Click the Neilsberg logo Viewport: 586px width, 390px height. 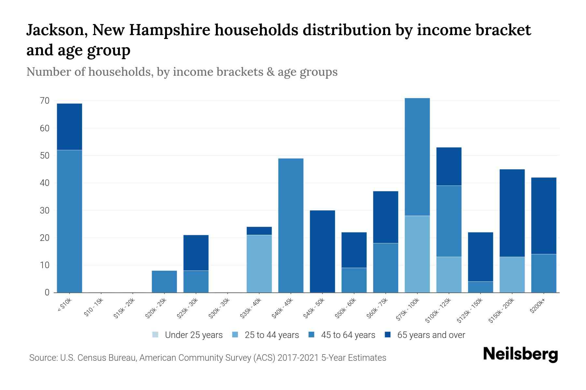(520, 354)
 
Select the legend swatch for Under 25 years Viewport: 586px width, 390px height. (156, 334)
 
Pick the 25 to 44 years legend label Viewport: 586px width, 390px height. (272, 335)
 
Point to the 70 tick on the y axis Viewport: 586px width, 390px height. (45, 101)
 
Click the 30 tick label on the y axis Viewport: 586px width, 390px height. (45, 211)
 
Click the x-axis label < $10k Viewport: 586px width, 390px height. (64, 305)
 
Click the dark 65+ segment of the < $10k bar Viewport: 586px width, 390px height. (69, 127)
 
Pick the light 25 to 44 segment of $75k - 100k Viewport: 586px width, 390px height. (417, 254)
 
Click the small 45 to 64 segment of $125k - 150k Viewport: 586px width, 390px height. (480, 287)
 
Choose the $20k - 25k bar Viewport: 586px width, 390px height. (164, 281)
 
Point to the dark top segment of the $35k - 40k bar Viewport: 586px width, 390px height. (259, 231)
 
